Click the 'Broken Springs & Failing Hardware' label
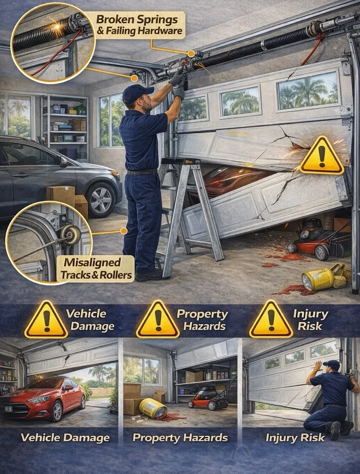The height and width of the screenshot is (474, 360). (x=140, y=25)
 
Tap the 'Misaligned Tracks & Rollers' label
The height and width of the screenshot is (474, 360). (x=96, y=268)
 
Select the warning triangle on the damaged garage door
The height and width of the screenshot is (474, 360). (x=322, y=156)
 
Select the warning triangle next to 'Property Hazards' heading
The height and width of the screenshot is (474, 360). (x=158, y=320)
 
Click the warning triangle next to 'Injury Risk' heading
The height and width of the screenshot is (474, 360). (x=271, y=320)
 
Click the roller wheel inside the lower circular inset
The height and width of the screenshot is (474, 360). (x=70, y=234)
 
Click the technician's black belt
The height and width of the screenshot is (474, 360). (x=142, y=172)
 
